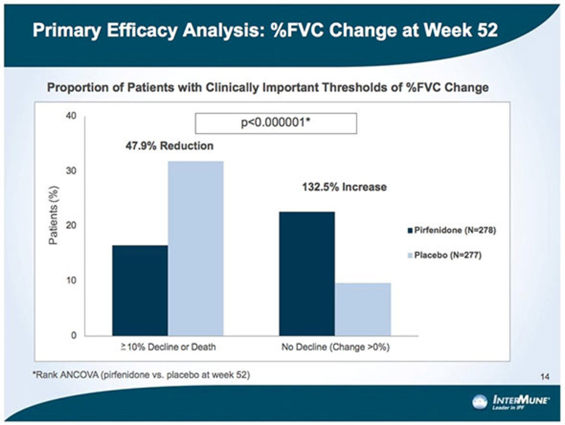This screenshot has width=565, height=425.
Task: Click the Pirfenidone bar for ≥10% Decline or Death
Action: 140,290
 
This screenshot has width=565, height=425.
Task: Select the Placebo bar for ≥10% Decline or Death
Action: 195,248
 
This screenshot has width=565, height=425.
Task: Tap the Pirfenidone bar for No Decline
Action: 307,273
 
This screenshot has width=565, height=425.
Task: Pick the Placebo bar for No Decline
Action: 363,309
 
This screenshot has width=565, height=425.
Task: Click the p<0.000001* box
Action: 276,123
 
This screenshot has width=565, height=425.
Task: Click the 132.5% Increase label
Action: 344,187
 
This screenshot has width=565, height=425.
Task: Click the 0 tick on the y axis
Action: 73,335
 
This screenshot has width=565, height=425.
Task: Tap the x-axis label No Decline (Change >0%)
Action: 335,348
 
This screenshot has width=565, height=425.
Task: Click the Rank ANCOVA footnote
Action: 141,375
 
